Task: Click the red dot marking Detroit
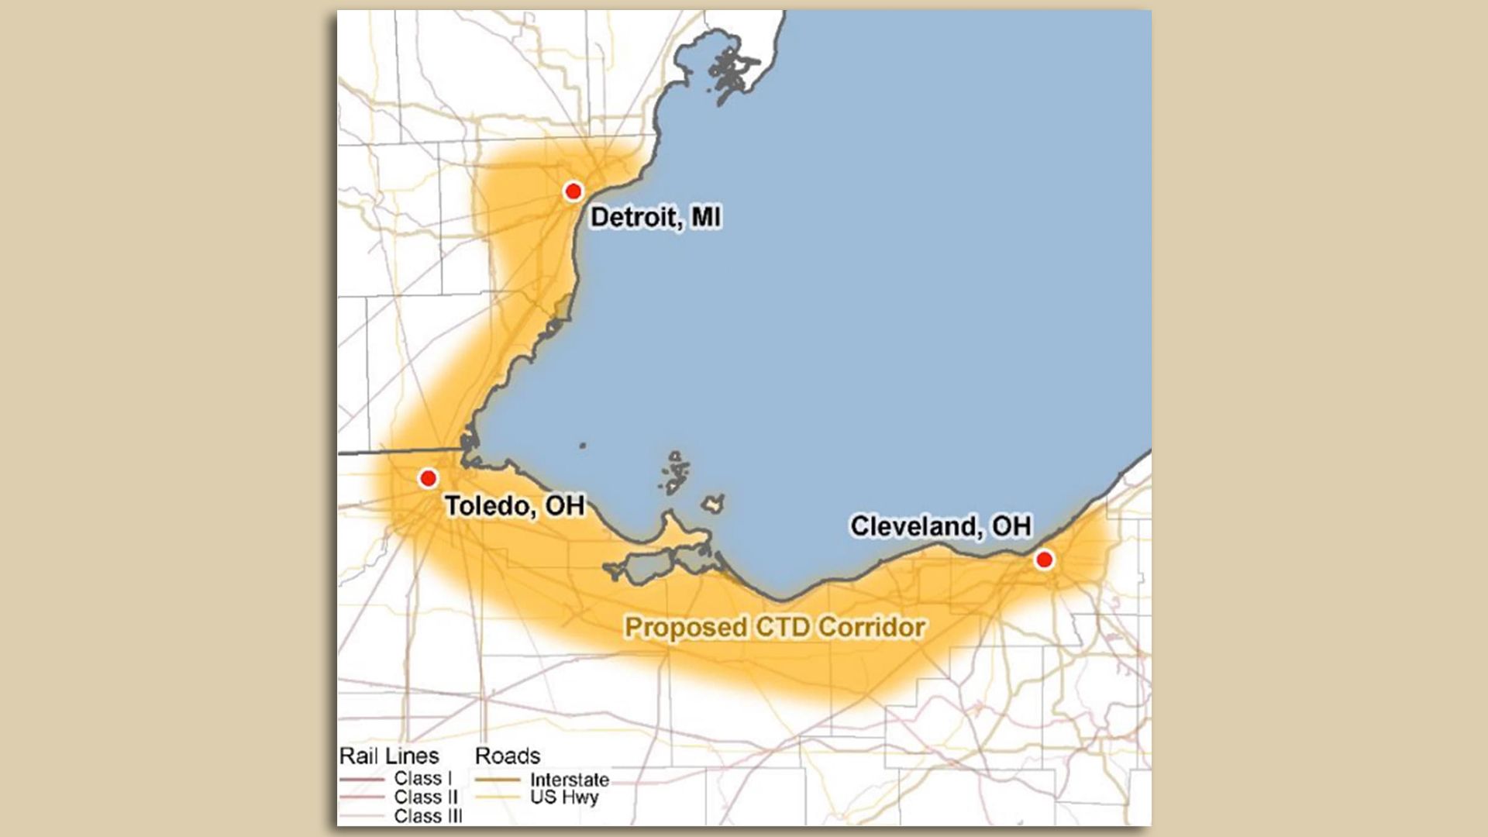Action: pyautogui.click(x=573, y=191)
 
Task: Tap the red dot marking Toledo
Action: pyautogui.click(x=428, y=478)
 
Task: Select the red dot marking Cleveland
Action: pyautogui.click(x=1044, y=560)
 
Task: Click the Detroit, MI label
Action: pyautogui.click(x=656, y=217)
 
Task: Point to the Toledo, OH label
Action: pyautogui.click(x=515, y=506)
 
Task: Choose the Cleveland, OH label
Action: pyautogui.click(x=941, y=526)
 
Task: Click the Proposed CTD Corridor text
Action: pyautogui.click(x=775, y=627)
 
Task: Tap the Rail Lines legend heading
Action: pyautogui.click(x=389, y=756)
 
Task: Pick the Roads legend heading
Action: pyautogui.click(x=508, y=756)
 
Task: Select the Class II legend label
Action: pyautogui.click(x=425, y=797)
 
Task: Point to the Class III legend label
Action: pyautogui.click(x=428, y=815)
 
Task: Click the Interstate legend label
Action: pyautogui.click(x=570, y=780)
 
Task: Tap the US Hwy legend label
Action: pyautogui.click(x=564, y=797)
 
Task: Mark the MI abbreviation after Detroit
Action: pyautogui.click(x=706, y=217)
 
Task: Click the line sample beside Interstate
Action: pyautogui.click(x=498, y=780)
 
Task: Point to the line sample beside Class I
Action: pyautogui.click(x=362, y=779)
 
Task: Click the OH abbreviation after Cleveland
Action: pyautogui.click(x=1012, y=526)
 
